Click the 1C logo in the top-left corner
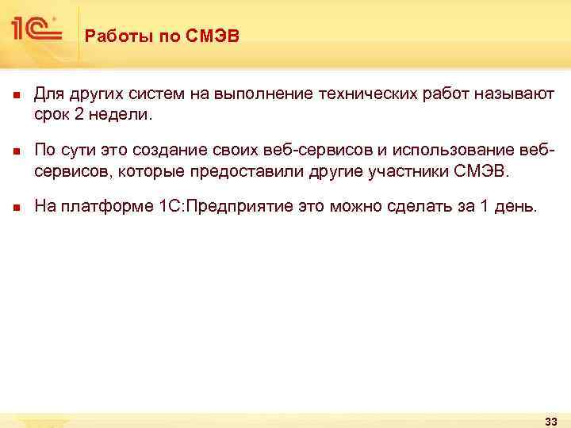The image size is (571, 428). click(36, 30)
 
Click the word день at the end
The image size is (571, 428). click(515, 208)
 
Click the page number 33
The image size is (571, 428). click(551, 419)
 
